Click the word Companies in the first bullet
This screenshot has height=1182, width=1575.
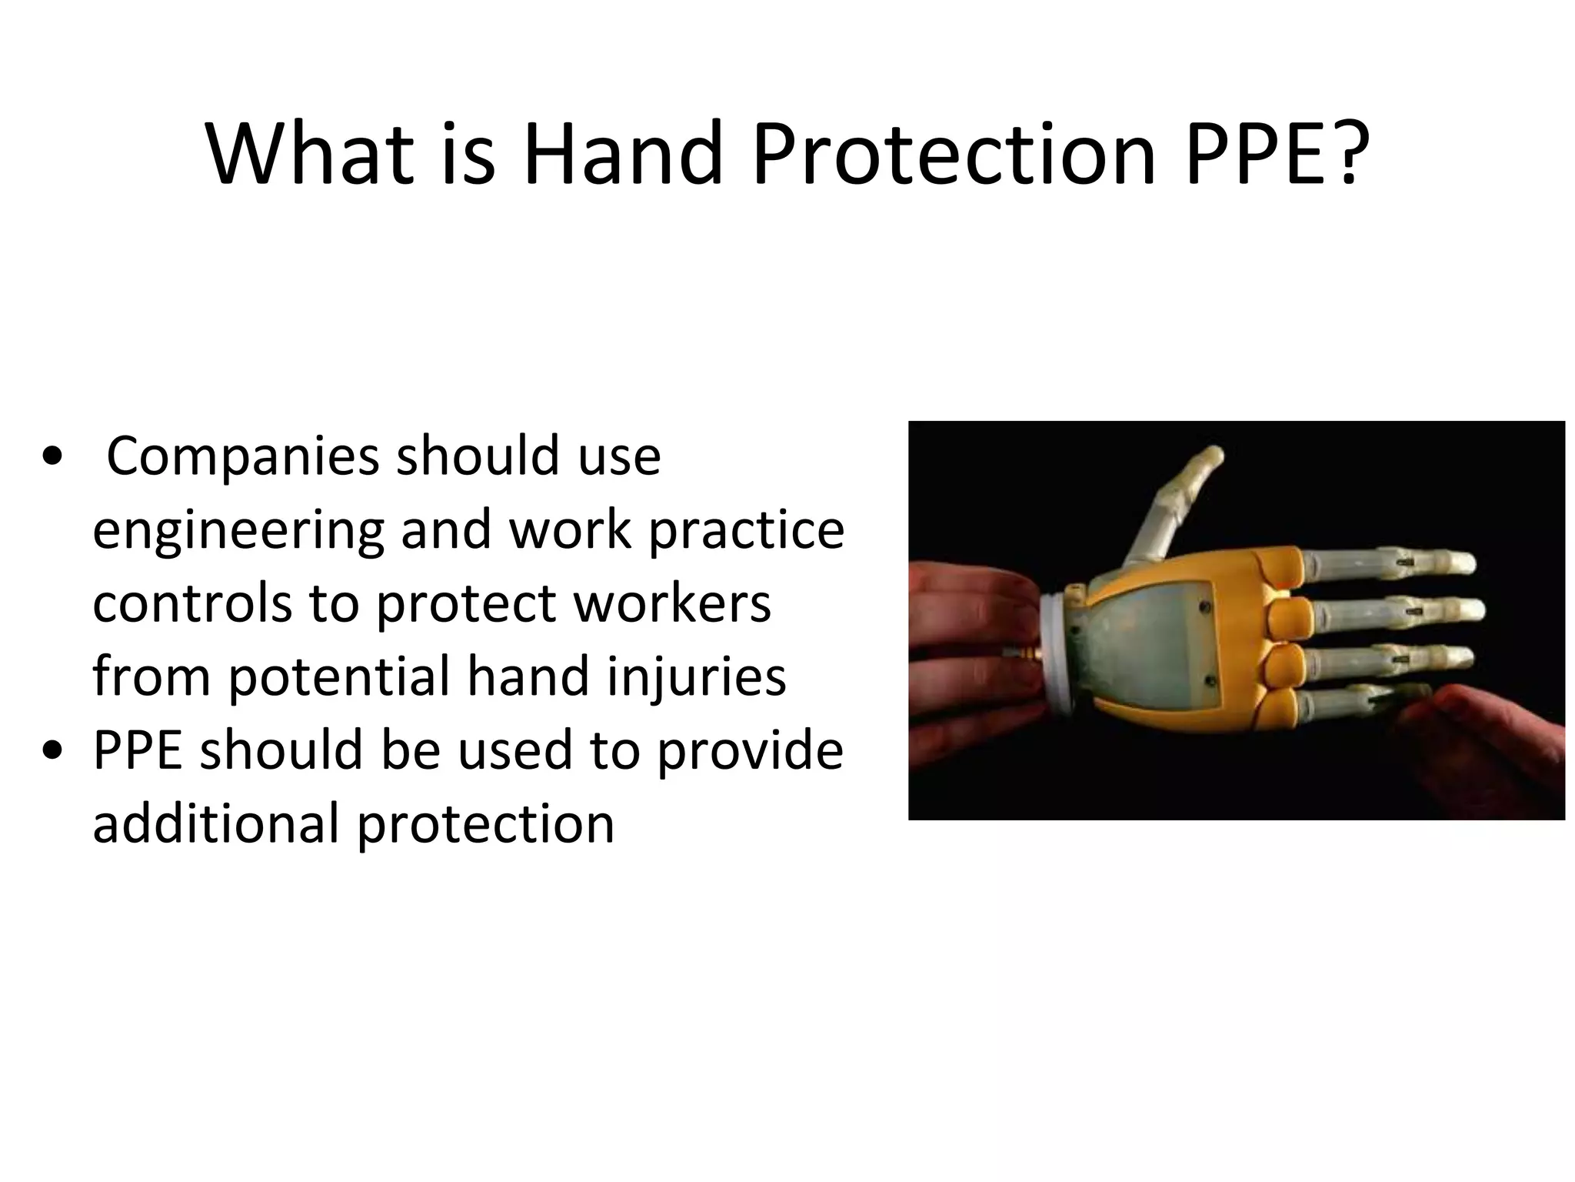242,457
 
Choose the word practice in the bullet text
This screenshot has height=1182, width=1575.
746,531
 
